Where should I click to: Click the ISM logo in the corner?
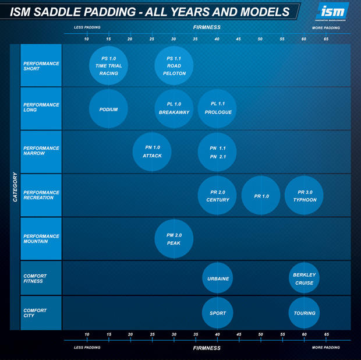[x=332, y=11]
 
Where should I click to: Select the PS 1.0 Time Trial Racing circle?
[x=109, y=66]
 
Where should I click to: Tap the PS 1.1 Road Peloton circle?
[x=174, y=66]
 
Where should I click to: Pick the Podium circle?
[x=109, y=109]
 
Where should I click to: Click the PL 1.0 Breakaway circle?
[x=174, y=109]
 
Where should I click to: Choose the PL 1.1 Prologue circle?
[x=217, y=109]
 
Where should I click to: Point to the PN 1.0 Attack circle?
[x=152, y=152]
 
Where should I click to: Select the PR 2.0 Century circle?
[x=217, y=196]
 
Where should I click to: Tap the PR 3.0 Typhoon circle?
[x=304, y=196]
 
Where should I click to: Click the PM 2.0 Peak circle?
[x=174, y=239]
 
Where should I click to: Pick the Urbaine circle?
[x=218, y=278]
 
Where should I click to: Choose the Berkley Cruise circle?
[x=305, y=278]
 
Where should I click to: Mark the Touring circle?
[x=305, y=313]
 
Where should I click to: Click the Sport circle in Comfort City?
[x=218, y=313]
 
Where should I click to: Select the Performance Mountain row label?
[x=41, y=239]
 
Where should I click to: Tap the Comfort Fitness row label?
[x=41, y=278]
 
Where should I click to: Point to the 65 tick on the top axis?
[x=326, y=39]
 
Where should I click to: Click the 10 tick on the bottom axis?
[x=87, y=335]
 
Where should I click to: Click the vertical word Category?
[x=15, y=187]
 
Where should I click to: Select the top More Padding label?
[x=325, y=27]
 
